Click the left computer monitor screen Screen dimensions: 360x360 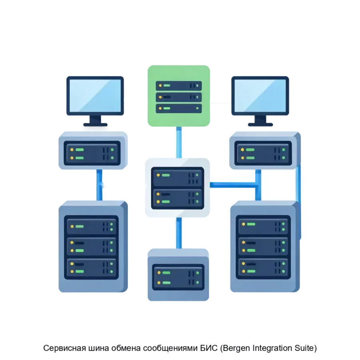pos(95,96)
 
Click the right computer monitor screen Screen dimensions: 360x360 pos(260,96)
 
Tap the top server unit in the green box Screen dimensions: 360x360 pos(178,85)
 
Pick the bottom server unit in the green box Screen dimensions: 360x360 pos(178,108)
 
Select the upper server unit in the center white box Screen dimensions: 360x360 pos(177,176)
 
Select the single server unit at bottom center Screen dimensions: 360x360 pos(178,277)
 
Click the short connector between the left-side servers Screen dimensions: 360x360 pos(100,185)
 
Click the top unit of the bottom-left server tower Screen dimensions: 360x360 pos(92,226)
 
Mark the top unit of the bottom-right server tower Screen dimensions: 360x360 pos(263,226)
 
